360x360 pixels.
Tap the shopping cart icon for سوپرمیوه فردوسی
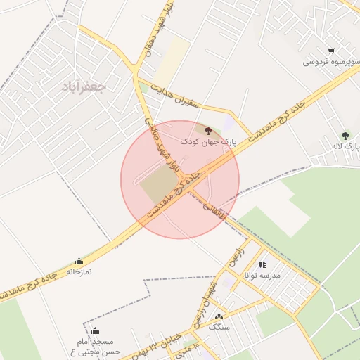click(331, 51)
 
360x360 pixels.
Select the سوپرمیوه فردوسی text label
click(328, 62)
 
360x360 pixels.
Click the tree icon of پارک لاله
click(345, 135)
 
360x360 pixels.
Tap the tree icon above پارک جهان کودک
click(208, 130)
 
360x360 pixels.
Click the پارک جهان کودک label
click(209, 141)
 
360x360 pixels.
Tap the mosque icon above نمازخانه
click(78, 261)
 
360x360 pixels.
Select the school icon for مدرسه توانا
click(262, 265)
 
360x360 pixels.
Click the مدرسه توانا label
click(262, 276)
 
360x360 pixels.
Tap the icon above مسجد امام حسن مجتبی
click(96, 331)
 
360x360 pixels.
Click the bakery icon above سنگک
click(219, 318)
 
